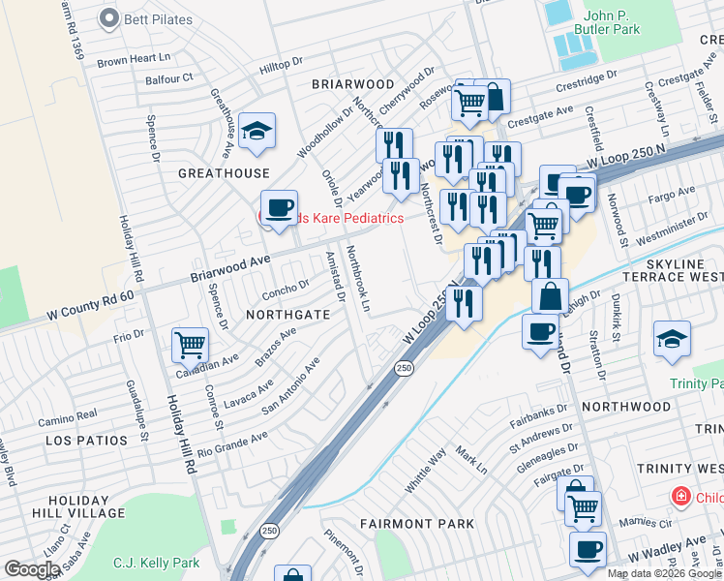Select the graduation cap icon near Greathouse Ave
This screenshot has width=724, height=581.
pyautogui.click(x=256, y=131)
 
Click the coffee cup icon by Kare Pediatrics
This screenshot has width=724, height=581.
pyautogui.click(x=279, y=207)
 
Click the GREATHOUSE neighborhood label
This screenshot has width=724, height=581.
pyautogui.click(x=224, y=173)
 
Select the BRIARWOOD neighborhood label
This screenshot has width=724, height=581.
pyautogui.click(x=352, y=85)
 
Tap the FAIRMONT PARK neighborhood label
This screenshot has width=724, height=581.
pyautogui.click(x=416, y=524)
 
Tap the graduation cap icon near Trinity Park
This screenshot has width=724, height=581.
pyautogui.click(x=672, y=339)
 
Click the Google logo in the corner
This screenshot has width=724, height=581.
pyautogui.click(x=31, y=569)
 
